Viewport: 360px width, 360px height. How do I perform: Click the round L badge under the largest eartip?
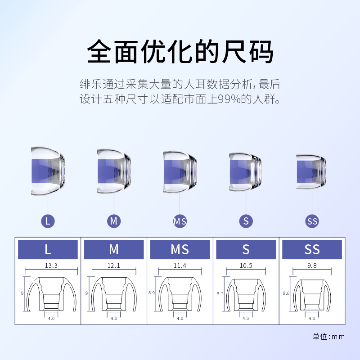click(48, 221)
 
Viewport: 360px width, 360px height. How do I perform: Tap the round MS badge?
click(180, 221)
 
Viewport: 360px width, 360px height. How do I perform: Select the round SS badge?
click(312, 221)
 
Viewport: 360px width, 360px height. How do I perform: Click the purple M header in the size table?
click(114, 249)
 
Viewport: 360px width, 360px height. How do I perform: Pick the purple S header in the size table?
click(246, 249)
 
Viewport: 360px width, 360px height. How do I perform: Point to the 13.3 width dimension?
click(51, 265)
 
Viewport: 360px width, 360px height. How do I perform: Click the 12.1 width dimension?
click(114, 265)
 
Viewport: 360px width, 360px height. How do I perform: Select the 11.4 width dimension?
click(180, 265)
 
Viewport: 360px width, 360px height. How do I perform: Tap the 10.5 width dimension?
click(246, 265)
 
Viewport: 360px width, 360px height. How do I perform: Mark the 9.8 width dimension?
click(312, 265)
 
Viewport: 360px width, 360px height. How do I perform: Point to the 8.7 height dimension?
click(219, 293)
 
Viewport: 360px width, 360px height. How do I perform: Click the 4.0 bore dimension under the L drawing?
click(51, 318)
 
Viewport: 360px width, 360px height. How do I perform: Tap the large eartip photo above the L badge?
click(49, 171)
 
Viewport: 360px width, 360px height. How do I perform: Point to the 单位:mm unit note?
click(328, 336)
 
